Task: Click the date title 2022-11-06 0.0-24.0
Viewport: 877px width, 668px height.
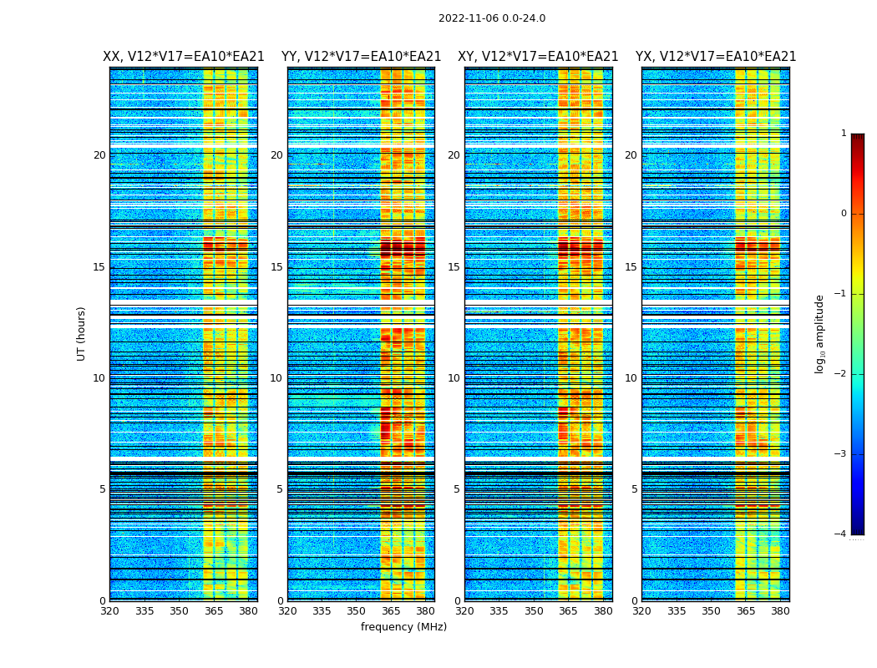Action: click(492, 18)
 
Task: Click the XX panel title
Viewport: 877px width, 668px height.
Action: click(184, 57)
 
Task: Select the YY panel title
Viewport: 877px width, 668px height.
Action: click(361, 57)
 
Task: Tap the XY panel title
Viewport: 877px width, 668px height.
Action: click(538, 57)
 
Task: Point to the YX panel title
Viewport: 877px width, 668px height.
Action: click(716, 57)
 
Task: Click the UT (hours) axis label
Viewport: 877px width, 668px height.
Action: click(81, 333)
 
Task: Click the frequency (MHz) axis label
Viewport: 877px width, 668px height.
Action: click(403, 627)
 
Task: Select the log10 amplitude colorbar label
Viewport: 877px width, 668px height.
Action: click(820, 333)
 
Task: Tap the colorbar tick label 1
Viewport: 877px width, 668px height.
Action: click(843, 134)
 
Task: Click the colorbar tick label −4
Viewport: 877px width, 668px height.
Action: click(841, 534)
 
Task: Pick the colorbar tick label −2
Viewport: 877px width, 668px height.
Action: click(841, 374)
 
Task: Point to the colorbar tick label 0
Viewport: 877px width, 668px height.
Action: click(843, 214)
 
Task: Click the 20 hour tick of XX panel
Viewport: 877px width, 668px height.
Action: click(99, 155)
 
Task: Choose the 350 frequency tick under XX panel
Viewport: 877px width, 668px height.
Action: click(179, 611)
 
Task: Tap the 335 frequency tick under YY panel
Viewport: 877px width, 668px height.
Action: click(322, 611)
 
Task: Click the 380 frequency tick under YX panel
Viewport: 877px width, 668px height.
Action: click(780, 611)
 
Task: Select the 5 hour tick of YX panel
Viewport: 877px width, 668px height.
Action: click(634, 489)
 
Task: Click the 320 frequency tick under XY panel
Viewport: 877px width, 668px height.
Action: click(464, 611)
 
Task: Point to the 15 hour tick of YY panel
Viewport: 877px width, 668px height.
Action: click(276, 267)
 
